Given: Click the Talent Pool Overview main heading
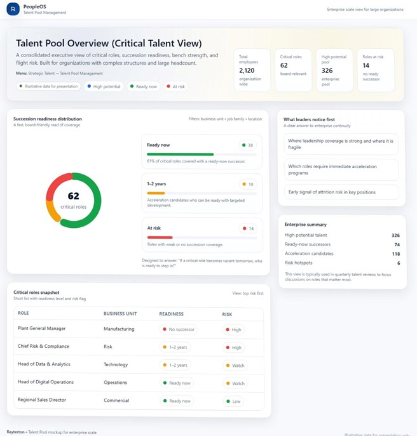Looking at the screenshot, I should coord(109,43).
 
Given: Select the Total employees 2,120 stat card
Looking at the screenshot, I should coord(252,69).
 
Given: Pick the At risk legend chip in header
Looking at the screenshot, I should coord(177,86).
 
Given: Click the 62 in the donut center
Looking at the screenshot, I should coord(73,196).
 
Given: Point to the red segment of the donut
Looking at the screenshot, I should coord(56,184).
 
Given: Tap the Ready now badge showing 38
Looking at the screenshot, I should coord(247,145).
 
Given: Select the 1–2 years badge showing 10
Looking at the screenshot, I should coord(247,185).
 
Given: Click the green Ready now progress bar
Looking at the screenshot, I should coord(180,154).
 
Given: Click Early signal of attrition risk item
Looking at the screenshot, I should coord(341,192).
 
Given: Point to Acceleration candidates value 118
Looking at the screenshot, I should coord(395,254).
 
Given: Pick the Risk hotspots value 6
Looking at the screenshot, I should coord(398,263).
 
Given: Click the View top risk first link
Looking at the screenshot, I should coord(248,294).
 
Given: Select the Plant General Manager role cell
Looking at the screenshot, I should coord(42,329).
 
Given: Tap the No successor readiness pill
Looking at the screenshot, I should coord(178,330).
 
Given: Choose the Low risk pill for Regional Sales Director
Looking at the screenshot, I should coord(233,401).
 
